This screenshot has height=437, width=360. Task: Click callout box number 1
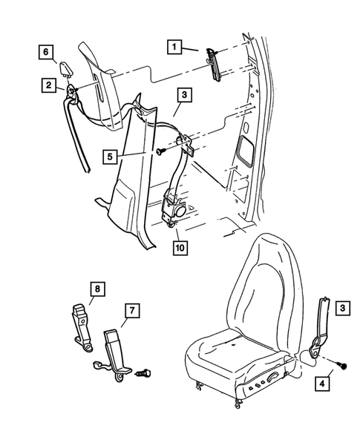175,48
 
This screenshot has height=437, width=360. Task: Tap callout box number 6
47,51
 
